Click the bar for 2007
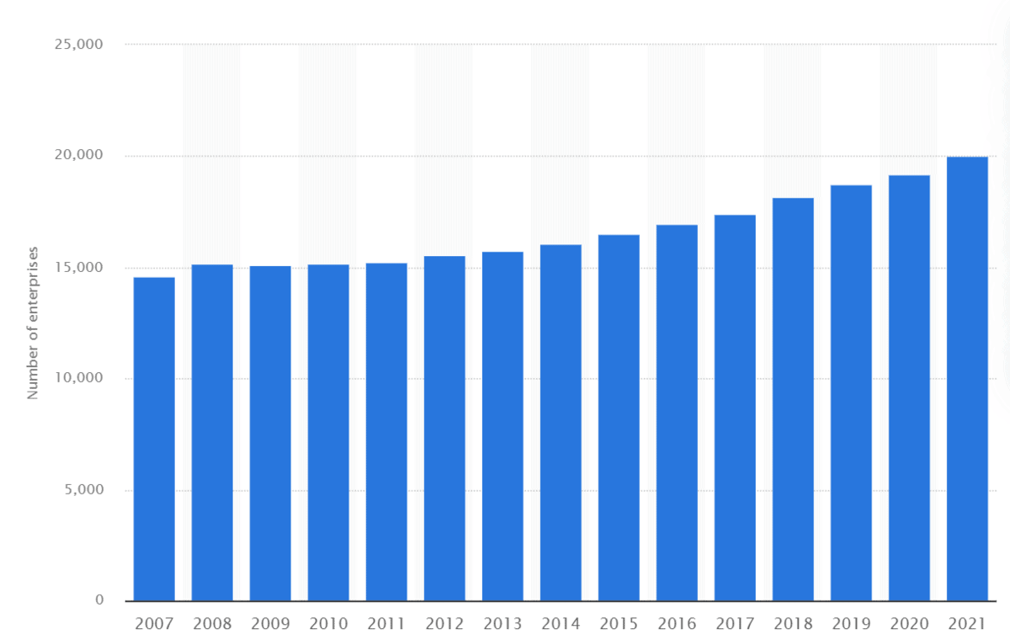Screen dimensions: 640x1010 pyautogui.click(x=154, y=439)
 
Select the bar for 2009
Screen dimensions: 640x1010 pyautogui.click(x=270, y=433)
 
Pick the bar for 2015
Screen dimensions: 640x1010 pyautogui.click(x=619, y=418)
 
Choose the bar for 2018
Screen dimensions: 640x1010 pyautogui.click(x=793, y=399)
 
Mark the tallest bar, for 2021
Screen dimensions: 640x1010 pyautogui.click(x=967, y=379)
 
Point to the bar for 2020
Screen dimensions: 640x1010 pyautogui.click(x=909, y=388)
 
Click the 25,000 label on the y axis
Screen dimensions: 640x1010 pyautogui.click(x=77, y=45)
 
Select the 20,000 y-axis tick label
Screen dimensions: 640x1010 pyautogui.click(x=77, y=156)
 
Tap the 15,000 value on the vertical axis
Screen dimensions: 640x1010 pyautogui.click(x=77, y=268)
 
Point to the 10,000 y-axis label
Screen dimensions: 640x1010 pyautogui.click(x=77, y=379)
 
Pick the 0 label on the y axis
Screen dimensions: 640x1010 pyautogui.click(x=98, y=600)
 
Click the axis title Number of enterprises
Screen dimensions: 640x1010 pyautogui.click(x=34, y=323)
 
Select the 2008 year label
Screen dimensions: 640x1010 pyautogui.click(x=212, y=624)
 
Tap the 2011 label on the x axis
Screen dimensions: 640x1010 pyautogui.click(x=386, y=624)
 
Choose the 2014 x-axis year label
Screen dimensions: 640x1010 pyautogui.click(x=561, y=624)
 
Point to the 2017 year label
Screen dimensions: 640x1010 pyautogui.click(x=735, y=624)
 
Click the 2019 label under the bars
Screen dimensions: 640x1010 pyautogui.click(x=851, y=624)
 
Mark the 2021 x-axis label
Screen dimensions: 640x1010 pyautogui.click(x=967, y=624)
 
